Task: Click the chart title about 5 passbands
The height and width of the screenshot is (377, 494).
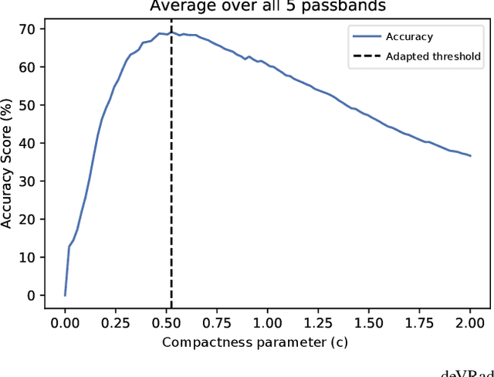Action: coord(268,6)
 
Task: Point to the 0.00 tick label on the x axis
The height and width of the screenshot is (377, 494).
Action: coord(65,321)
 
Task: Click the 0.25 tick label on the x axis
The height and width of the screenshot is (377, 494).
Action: coord(116,321)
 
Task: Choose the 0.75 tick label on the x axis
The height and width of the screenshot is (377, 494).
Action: coord(217,321)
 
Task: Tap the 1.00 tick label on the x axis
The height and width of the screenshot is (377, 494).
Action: coord(267,321)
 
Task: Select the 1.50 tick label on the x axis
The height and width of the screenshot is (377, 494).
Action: coord(369,321)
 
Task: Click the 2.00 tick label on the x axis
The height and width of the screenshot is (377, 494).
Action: coord(470,321)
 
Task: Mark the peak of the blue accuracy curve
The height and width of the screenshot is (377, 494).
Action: coord(171,32)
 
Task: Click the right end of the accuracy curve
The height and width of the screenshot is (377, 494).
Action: coord(470,156)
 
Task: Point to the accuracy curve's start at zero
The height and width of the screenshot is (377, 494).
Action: coord(65,295)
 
